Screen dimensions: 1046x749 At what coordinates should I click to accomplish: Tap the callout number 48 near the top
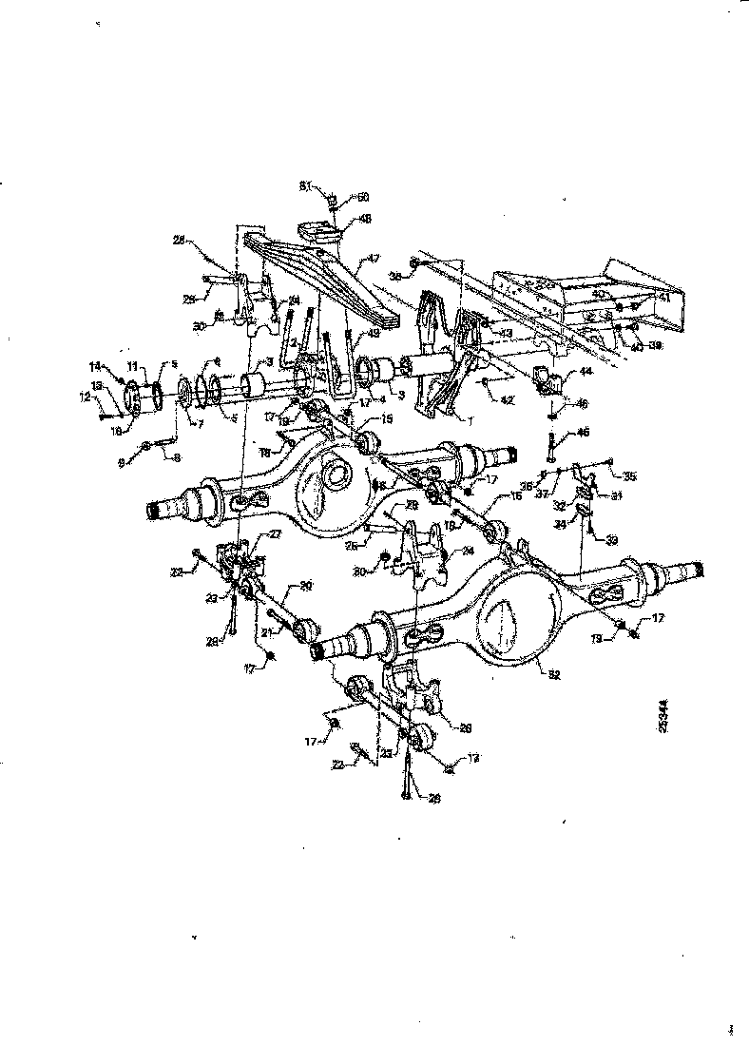coord(366,218)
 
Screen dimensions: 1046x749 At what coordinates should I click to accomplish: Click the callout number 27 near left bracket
coord(274,535)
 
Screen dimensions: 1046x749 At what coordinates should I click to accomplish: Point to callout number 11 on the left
coord(134,364)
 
